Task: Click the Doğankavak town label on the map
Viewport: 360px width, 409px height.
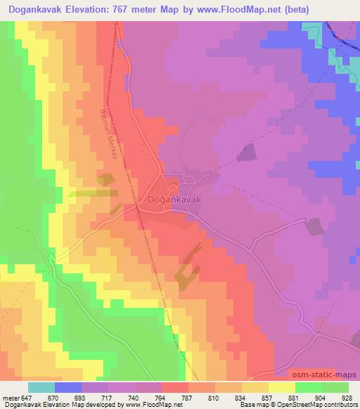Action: click(176, 200)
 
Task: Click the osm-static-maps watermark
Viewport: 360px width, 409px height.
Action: click(325, 375)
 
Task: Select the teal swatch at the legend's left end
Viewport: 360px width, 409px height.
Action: click(41, 387)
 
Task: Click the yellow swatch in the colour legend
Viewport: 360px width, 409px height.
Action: click(281, 387)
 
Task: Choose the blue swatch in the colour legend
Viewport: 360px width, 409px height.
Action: click(68, 387)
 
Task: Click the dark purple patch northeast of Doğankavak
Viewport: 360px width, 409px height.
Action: click(245, 153)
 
